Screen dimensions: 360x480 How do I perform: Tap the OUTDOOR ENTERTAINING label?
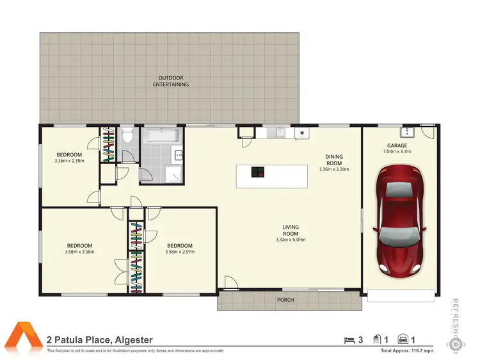tap(174, 81)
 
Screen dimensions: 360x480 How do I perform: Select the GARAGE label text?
tap(397, 145)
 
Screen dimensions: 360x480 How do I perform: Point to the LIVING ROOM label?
tap(291, 230)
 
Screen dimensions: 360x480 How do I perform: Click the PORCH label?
tap(285, 299)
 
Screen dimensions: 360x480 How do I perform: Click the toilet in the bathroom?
tap(128, 136)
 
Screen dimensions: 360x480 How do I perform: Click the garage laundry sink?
tap(407, 132)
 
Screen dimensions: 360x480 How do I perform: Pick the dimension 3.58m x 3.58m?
tap(80, 252)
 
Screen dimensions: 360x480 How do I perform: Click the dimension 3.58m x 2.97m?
tap(180, 252)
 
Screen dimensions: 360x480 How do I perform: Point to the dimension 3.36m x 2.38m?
tap(68, 161)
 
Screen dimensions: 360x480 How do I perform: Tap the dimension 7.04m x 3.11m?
tap(397, 152)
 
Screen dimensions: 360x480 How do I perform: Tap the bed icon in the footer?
tap(349, 339)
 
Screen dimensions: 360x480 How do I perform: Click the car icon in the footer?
tap(404, 339)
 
